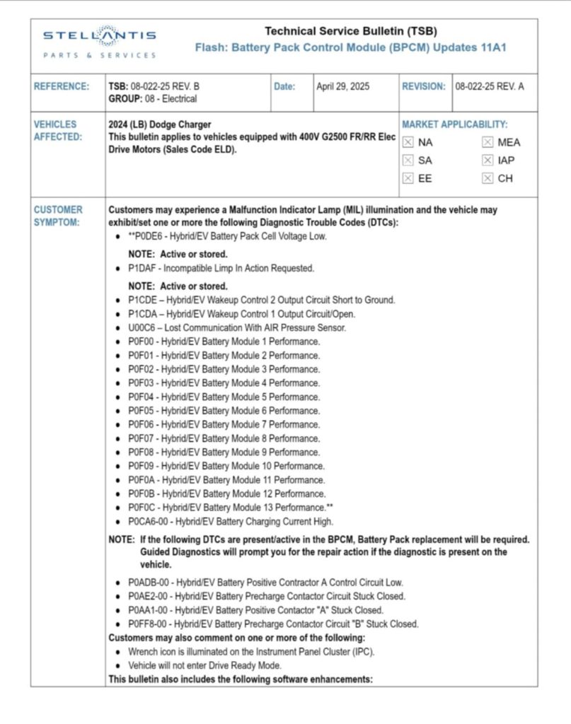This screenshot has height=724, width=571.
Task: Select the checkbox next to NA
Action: [407, 142]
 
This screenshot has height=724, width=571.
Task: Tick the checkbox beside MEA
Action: [488, 142]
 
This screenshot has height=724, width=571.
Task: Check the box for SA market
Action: [407, 160]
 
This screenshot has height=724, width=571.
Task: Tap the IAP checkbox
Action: [488, 160]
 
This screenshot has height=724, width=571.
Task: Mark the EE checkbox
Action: [407, 179]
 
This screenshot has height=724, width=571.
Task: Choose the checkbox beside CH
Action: [488, 179]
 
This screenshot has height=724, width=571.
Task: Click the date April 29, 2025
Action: [343, 86]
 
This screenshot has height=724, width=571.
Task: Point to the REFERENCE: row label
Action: [62, 86]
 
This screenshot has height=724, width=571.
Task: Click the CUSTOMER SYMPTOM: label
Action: [58, 216]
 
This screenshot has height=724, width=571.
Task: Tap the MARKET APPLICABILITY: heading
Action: [454, 124]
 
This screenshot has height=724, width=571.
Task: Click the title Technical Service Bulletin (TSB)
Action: [350, 31]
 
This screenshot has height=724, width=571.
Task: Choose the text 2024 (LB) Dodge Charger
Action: [160, 124]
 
